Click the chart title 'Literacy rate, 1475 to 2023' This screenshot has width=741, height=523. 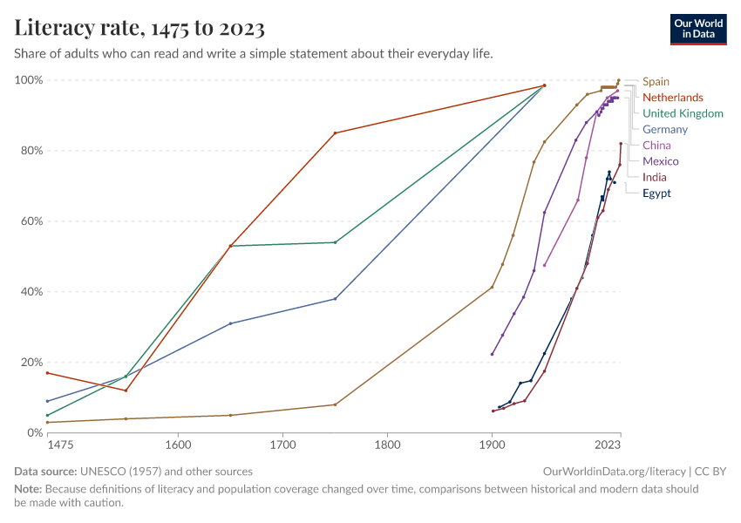point(139,28)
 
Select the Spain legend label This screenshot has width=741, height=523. point(656,81)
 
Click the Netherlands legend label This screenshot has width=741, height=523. point(672,98)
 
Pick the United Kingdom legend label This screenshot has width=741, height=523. point(683,113)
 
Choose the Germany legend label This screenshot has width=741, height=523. point(665,130)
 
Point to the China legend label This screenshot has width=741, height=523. point(656,146)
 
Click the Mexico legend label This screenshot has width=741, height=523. point(660,161)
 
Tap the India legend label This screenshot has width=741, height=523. point(655,178)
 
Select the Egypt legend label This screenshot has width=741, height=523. point(656,194)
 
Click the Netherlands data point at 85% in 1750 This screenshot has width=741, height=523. point(335,132)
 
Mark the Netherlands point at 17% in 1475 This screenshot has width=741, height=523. point(47,373)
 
